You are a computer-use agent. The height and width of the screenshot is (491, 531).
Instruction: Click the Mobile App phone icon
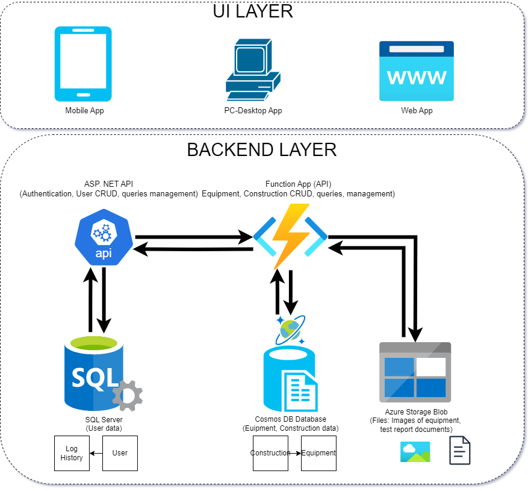point(83,64)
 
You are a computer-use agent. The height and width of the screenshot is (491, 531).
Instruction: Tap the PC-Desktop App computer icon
point(252,70)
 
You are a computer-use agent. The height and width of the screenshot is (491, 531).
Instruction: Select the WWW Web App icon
point(417,71)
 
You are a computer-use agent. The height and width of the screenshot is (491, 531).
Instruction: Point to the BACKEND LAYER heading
point(261,149)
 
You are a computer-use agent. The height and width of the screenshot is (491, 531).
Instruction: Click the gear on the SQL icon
point(127,395)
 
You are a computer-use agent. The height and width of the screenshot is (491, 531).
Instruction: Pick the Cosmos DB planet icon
point(290,330)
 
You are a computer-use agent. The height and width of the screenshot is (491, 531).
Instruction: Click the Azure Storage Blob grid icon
point(415,372)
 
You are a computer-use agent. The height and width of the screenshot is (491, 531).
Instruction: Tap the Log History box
point(72,453)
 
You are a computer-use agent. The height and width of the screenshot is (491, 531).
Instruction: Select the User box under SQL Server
point(120,453)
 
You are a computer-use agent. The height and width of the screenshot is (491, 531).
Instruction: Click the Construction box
point(270,453)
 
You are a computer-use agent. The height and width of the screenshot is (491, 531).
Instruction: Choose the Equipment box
point(318,453)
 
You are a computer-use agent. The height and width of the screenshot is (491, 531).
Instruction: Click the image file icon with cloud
point(415,451)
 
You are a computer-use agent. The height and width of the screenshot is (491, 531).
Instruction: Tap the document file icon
point(460,451)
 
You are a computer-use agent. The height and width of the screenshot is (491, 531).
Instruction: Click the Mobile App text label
point(84,111)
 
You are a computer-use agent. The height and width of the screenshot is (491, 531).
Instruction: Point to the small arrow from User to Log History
point(96,453)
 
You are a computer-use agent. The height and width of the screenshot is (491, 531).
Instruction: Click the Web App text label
point(417,111)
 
